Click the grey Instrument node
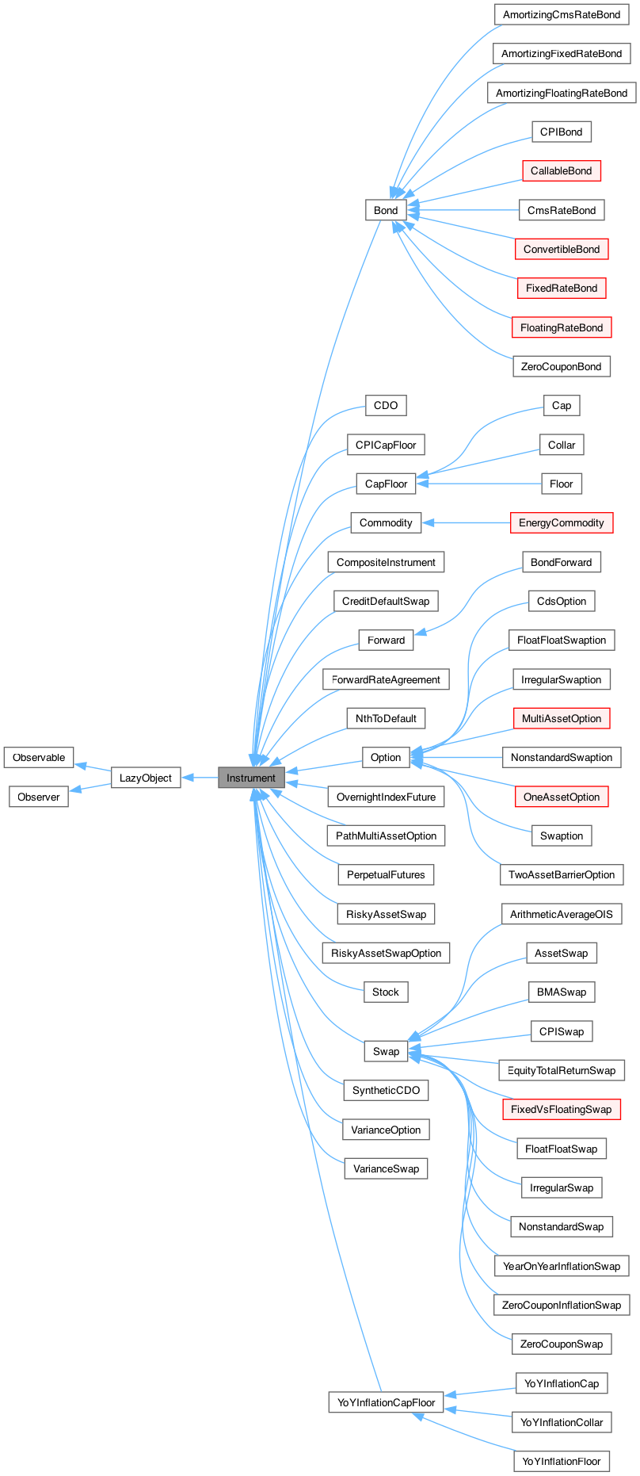251,778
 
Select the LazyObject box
146,778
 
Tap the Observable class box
39,758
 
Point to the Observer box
39,797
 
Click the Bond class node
386,210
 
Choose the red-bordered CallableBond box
562,170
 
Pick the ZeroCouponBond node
562,366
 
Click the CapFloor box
386,484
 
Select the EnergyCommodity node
562,522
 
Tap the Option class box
386,757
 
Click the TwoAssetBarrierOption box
562,874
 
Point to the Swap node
386,1051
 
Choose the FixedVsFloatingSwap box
562,1109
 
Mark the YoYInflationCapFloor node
386,1402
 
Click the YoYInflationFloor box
562,1461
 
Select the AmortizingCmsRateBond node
562,14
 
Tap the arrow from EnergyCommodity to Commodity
467,522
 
